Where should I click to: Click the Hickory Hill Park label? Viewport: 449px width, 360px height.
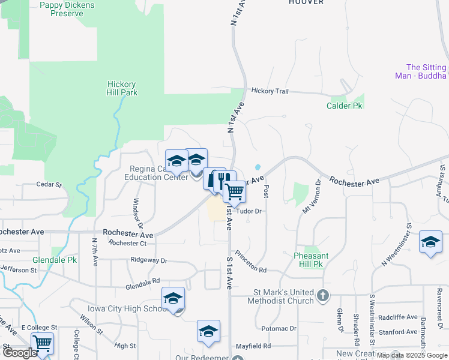(122, 88)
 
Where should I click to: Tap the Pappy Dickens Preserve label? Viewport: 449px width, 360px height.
(67, 9)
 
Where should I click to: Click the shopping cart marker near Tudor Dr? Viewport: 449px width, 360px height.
(234, 192)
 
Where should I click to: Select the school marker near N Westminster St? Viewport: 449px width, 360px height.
(430, 242)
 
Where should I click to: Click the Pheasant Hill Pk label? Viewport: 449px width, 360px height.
(312, 259)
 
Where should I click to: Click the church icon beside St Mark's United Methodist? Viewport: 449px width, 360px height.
(324, 295)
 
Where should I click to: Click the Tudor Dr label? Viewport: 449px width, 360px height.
(249, 211)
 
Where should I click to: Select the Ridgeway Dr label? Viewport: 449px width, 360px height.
(149, 261)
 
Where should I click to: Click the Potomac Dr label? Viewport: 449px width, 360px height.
(280, 329)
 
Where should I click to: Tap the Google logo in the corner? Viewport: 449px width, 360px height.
(20, 353)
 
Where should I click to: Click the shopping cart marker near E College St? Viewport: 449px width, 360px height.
(42, 344)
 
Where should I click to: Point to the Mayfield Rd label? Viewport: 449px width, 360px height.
(253, 346)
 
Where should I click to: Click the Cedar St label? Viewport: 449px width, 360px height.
(49, 185)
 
